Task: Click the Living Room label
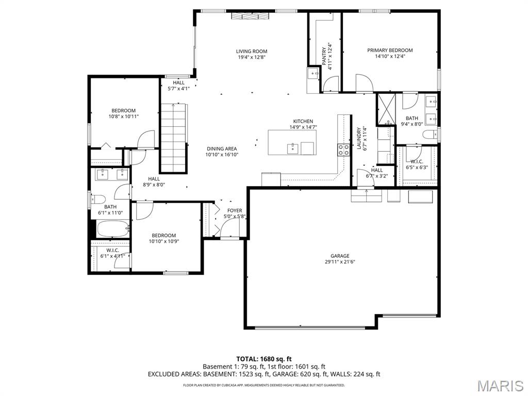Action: tap(252, 51)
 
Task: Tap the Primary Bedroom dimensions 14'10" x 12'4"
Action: tap(390, 57)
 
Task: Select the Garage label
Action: tap(340, 256)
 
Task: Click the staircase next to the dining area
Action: tap(173, 138)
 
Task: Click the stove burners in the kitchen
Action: tap(343, 150)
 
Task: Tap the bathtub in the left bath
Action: tap(113, 228)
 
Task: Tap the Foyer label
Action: tap(235, 210)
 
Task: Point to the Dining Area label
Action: tap(222, 148)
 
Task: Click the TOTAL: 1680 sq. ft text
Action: tap(264, 359)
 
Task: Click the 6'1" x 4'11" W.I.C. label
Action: tap(113, 253)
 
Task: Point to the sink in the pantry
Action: tap(313, 73)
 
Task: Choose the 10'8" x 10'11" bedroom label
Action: tap(124, 113)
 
